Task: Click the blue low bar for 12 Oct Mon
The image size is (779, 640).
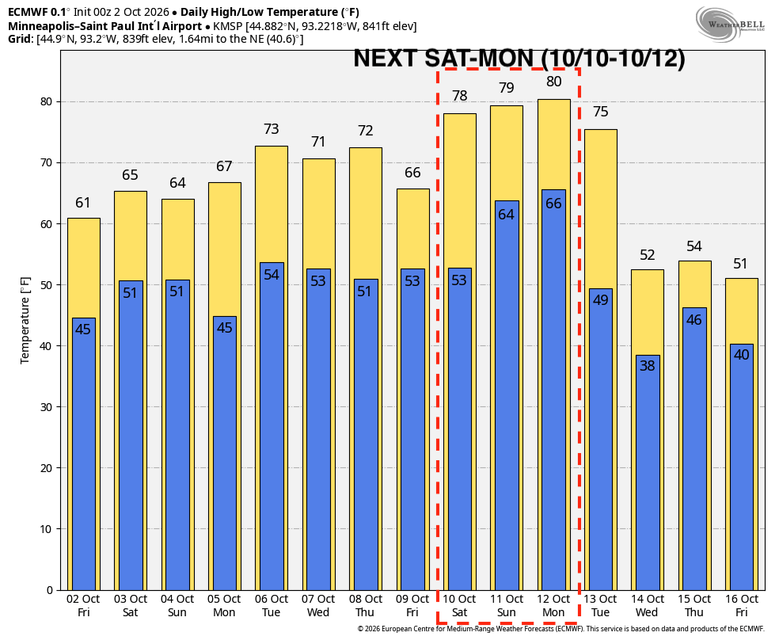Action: (x=553, y=390)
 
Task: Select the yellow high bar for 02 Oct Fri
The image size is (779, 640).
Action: (x=83, y=269)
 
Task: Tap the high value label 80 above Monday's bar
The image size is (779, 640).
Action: (x=554, y=82)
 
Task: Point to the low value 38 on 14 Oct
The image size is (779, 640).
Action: (x=648, y=366)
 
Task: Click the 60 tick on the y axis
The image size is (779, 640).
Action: (x=46, y=224)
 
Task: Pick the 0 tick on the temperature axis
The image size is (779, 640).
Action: (x=50, y=590)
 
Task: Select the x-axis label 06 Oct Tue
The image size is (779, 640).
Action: (x=272, y=606)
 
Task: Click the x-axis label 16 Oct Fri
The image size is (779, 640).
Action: (x=742, y=606)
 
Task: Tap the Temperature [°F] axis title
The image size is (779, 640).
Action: (x=25, y=321)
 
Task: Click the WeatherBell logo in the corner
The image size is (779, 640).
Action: (x=730, y=25)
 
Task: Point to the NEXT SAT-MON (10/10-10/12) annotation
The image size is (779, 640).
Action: (x=519, y=58)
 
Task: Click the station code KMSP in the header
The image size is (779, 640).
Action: (x=229, y=26)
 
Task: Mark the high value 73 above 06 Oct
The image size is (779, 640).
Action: (x=272, y=129)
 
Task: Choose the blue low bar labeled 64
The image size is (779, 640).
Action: (x=506, y=395)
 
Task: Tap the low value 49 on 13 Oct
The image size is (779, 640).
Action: (x=601, y=300)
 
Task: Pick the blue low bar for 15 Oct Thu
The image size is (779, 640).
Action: (x=694, y=449)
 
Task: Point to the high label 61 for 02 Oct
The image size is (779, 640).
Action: (x=83, y=203)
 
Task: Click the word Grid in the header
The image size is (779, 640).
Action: (x=19, y=39)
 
